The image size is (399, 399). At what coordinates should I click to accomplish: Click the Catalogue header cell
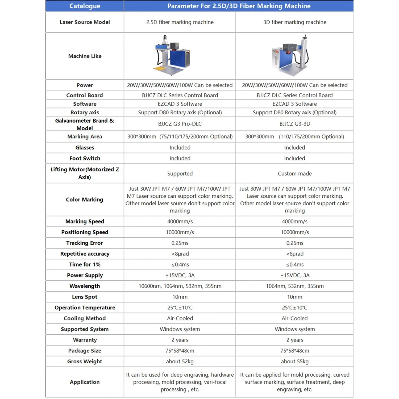(x=85, y=6)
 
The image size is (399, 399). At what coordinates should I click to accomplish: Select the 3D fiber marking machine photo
(x=290, y=55)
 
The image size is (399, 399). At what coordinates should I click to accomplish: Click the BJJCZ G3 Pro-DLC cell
(x=180, y=124)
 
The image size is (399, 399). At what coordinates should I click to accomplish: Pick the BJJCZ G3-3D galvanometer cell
(x=294, y=124)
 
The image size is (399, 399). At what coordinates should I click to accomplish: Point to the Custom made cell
(x=294, y=174)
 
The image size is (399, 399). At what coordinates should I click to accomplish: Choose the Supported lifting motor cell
(x=180, y=174)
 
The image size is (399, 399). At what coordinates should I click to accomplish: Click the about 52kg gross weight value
(x=180, y=361)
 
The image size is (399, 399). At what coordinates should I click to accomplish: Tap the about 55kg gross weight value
(x=294, y=361)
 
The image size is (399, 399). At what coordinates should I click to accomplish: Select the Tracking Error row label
(x=85, y=243)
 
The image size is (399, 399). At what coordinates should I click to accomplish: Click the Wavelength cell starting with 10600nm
(x=180, y=286)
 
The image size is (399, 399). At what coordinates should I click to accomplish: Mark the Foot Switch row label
(x=85, y=159)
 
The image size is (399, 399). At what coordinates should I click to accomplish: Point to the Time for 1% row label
(x=85, y=265)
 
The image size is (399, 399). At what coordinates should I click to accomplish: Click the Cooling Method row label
(x=85, y=318)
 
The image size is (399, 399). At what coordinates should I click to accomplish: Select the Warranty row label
(x=85, y=340)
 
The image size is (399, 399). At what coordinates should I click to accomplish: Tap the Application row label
(x=85, y=382)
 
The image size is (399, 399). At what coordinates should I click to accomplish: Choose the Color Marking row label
(x=85, y=199)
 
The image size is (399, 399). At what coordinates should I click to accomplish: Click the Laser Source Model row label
(x=85, y=22)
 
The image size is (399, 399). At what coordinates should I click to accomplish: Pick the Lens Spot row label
(x=85, y=297)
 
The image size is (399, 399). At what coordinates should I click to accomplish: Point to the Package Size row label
(x=85, y=351)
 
